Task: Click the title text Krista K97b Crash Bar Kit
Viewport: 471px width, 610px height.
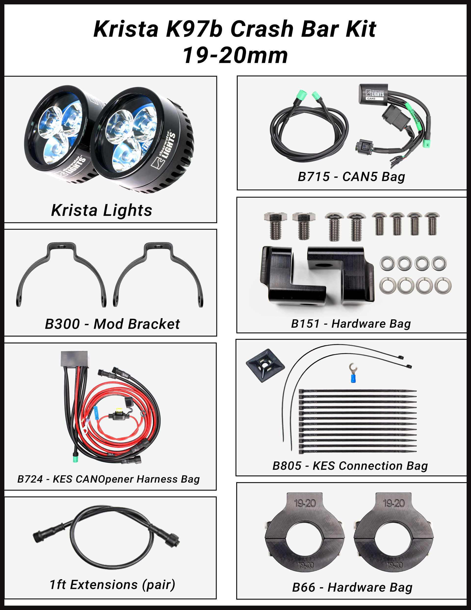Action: pyautogui.click(x=235, y=29)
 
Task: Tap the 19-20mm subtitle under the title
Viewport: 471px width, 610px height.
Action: pyautogui.click(x=235, y=55)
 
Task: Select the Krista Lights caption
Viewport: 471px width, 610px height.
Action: pyautogui.click(x=102, y=210)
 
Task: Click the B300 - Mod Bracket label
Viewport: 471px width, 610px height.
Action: pyautogui.click(x=112, y=324)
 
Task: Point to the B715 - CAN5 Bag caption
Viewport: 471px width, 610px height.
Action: pyautogui.click(x=351, y=177)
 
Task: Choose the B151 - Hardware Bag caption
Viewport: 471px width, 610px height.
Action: pyautogui.click(x=351, y=324)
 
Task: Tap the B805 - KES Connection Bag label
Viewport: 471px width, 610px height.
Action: pyautogui.click(x=350, y=466)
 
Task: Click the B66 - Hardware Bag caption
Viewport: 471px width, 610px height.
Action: pyautogui.click(x=352, y=587)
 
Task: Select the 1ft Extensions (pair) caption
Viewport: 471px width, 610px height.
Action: pyautogui.click(x=112, y=585)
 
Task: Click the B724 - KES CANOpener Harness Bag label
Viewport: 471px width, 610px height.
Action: pyautogui.click(x=108, y=479)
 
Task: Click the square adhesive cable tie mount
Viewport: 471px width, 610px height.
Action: pyautogui.click(x=265, y=365)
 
